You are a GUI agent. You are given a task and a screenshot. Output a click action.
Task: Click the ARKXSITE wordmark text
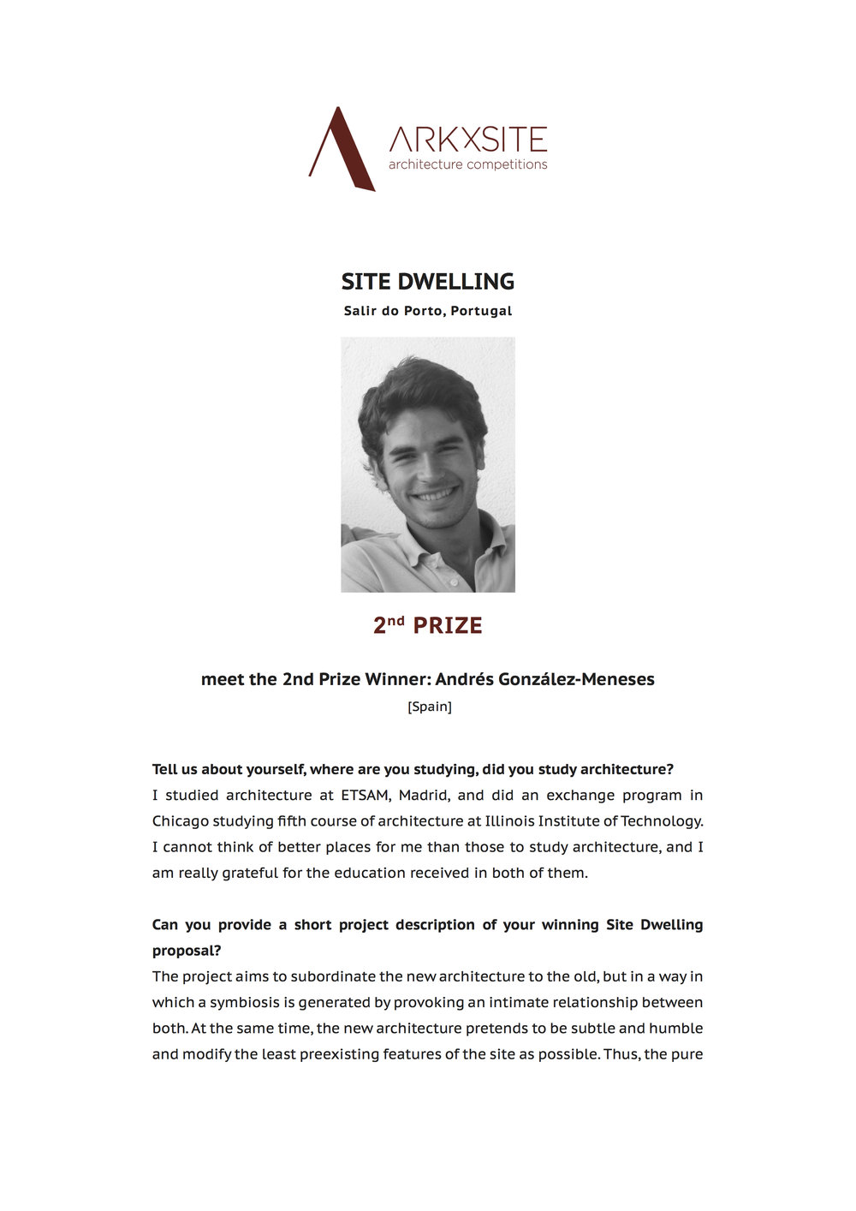click(x=467, y=140)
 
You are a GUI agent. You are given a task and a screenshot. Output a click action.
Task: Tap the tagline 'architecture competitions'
click(x=467, y=164)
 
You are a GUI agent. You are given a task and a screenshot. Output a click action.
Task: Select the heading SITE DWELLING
click(x=428, y=282)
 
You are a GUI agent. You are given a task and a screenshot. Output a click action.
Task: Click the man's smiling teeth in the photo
click(x=436, y=494)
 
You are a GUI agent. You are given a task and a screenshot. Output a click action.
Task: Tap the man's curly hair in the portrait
click(x=419, y=390)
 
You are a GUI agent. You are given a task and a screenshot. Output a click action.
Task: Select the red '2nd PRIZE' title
click(x=428, y=625)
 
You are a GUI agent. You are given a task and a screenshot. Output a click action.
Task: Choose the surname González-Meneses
click(x=579, y=679)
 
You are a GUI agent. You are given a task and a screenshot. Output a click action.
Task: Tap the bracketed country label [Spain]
click(x=429, y=707)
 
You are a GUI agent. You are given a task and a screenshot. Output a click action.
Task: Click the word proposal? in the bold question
click(x=187, y=951)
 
